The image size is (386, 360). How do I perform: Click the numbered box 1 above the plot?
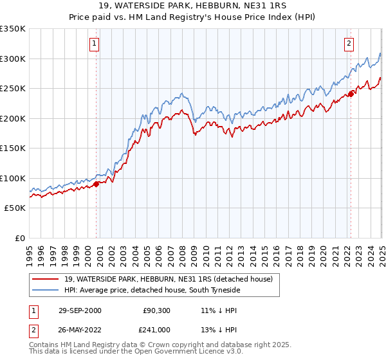tap(94, 44)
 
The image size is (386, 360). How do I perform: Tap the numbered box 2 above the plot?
tap(349, 44)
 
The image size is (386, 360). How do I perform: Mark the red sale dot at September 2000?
tap(96, 184)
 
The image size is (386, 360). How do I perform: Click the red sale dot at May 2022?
tap(351, 94)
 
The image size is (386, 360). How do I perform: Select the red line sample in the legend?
tap(45, 279)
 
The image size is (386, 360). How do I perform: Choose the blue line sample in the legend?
tap(45, 291)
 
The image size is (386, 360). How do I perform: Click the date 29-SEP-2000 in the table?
tap(80, 310)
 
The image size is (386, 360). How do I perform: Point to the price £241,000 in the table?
tap(156, 329)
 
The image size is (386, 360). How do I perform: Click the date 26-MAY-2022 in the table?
tap(80, 329)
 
